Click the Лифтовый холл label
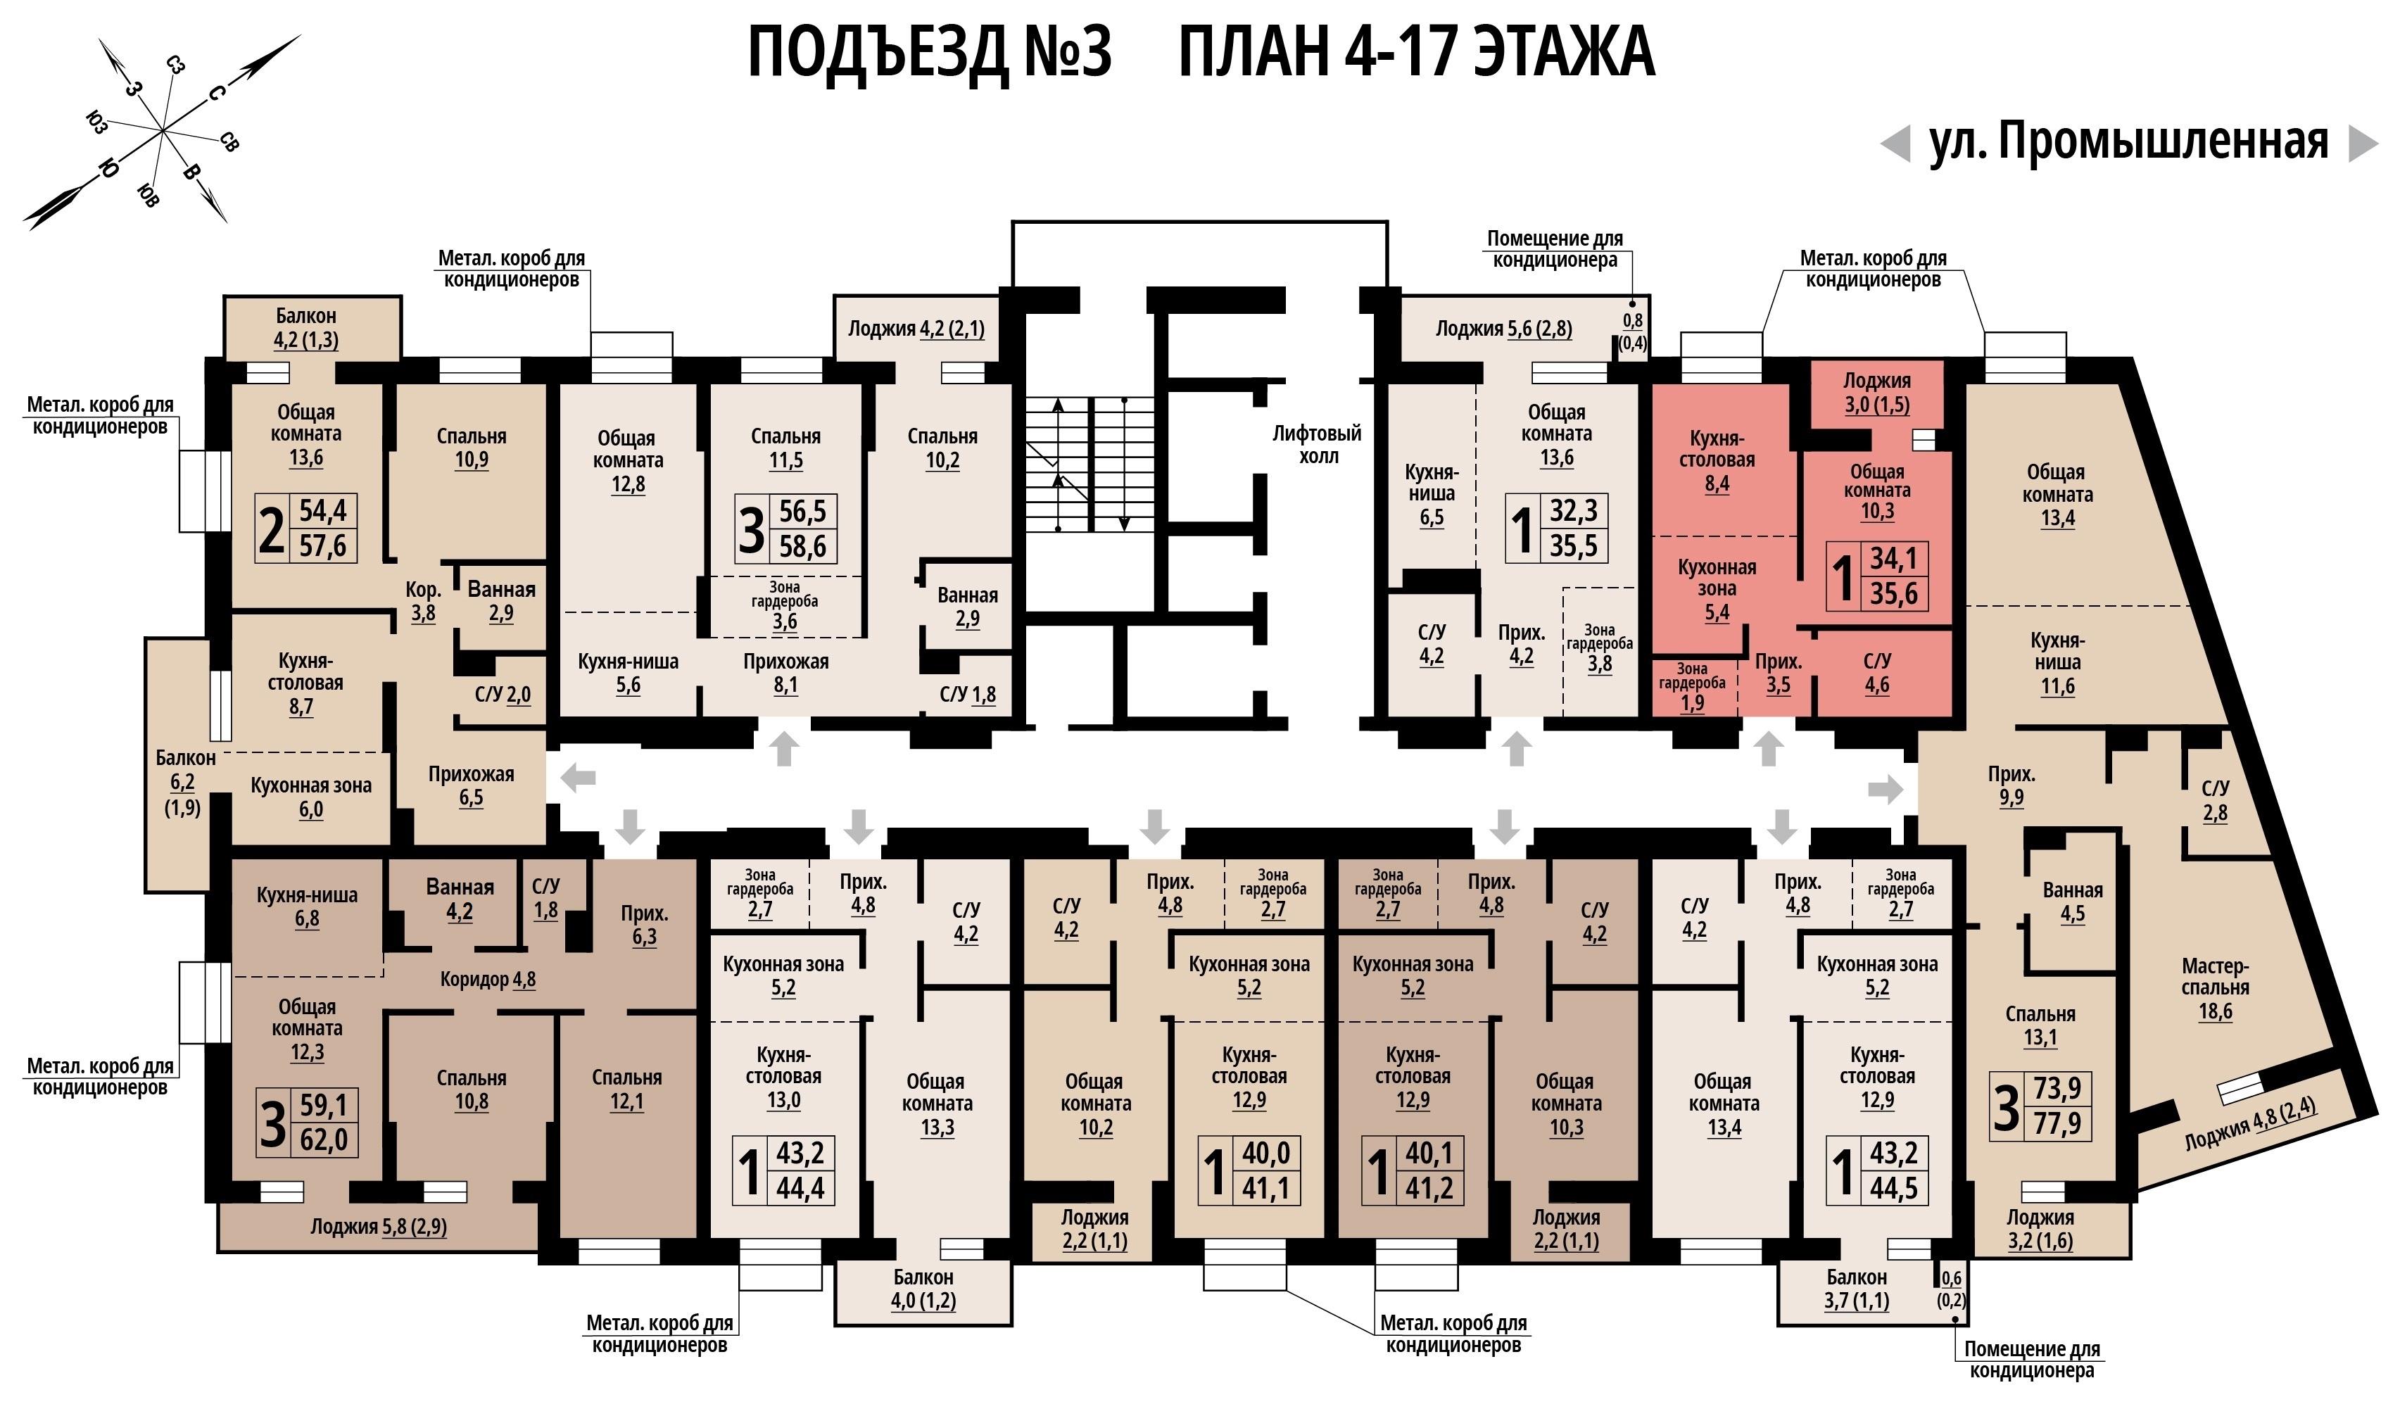click(1317, 445)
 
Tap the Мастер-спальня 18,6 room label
click(2215, 989)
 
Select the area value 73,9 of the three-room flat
click(2057, 1089)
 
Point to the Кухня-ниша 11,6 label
click(2057, 663)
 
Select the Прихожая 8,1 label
click(785, 673)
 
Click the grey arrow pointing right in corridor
click(1886, 789)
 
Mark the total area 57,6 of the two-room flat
click(323, 546)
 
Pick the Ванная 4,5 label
click(2073, 902)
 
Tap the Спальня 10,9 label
click(472, 448)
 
